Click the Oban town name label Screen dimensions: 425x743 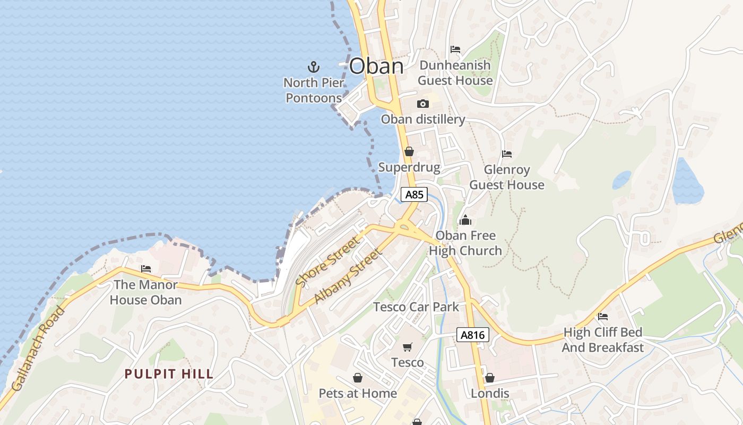pyautogui.click(x=376, y=66)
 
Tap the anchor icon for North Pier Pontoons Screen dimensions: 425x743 pyautogui.click(x=314, y=67)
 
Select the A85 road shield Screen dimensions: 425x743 pyautogui.click(x=414, y=194)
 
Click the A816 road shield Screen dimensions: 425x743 pyautogui.click(x=472, y=335)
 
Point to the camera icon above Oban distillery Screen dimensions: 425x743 pyautogui.click(x=423, y=104)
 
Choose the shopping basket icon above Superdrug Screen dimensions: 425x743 pyautogui.click(x=409, y=151)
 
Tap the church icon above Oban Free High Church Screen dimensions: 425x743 pyautogui.click(x=465, y=219)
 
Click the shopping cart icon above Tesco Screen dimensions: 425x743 pyautogui.click(x=408, y=347)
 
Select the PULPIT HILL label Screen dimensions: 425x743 pyautogui.click(x=169, y=374)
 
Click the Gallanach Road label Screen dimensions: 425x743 pyautogui.click(x=38, y=348)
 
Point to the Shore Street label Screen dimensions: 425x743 pyautogui.click(x=327, y=261)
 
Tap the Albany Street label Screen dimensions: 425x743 pyautogui.click(x=348, y=276)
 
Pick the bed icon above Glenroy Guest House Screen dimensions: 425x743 pyautogui.click(x=507, y=154)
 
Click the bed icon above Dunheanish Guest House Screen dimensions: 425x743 pyautogui.click(x=455, y=49)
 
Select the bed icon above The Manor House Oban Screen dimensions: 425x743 pyautogui.click(x=146, y=269)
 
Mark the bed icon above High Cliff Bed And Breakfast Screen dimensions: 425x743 pyautogui.click(x=603, y=317)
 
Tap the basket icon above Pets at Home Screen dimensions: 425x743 pyautogui.click(x=358, y=378)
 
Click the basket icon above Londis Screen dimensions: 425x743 pyautogui.click(x=490, y=378)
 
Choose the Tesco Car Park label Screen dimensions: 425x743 pyautogui.click(x=416, y=307)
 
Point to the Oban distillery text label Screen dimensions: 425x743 pyautogui.click(x=423, y=120)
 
